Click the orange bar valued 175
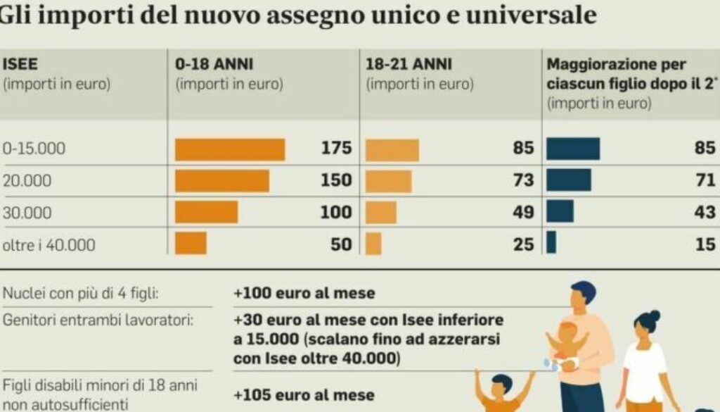230,149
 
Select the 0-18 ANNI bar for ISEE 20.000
221,180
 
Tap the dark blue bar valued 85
573,149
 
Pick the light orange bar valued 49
381,212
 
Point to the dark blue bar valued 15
551,243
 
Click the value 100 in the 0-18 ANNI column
336,212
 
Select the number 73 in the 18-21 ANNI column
523,180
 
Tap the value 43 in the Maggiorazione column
705,212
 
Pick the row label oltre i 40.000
49,244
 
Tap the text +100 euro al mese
304,292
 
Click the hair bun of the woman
655,316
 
